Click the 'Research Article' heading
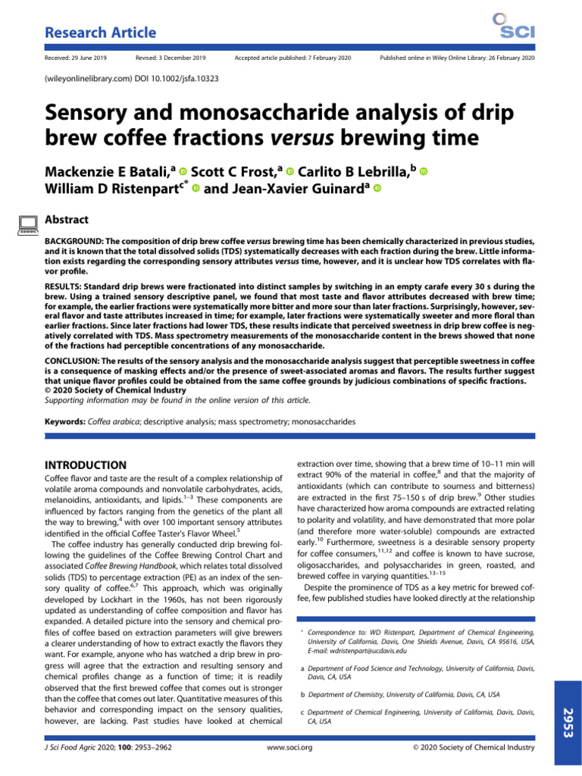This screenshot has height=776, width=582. [x=101, y=33]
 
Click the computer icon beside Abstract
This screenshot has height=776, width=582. [x=28, y=223]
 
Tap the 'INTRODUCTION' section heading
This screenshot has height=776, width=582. [x=87, y=464]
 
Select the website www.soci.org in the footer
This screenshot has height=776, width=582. [x=291, y=747]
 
